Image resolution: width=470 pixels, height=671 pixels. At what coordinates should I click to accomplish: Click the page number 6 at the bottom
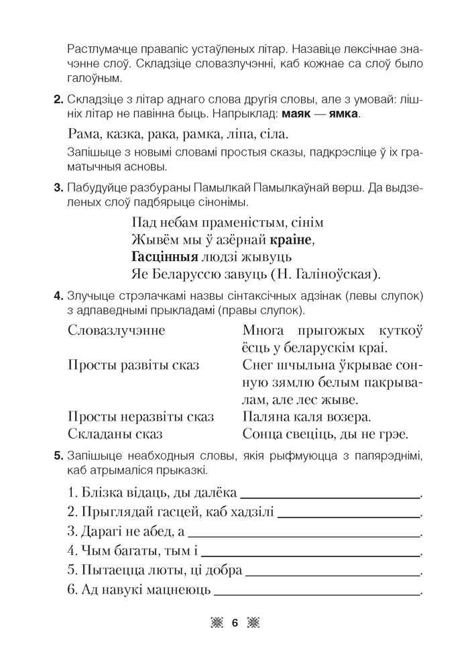click(235, 624)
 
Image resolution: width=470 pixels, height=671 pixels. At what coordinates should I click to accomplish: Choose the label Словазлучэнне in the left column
click(117, 330)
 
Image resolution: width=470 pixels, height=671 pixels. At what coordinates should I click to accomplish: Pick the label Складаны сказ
click(114, 434)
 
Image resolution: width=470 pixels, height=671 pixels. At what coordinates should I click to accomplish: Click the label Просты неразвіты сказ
click(141, 417)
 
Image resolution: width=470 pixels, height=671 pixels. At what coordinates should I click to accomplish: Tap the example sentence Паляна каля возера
click(307, 417)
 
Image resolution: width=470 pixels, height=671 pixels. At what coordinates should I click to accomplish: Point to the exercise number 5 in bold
click(56, 456)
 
